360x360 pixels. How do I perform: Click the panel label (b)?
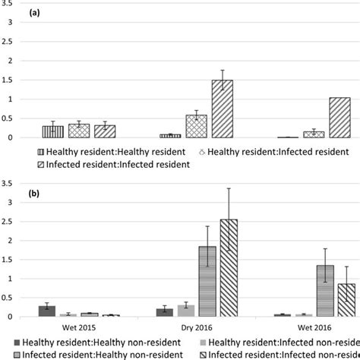tap(36, 194)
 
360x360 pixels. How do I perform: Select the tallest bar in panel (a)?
tap(222, 109)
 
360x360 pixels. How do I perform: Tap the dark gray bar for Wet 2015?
tap(47, 311)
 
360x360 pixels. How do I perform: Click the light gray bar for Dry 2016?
tap(186, 311)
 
